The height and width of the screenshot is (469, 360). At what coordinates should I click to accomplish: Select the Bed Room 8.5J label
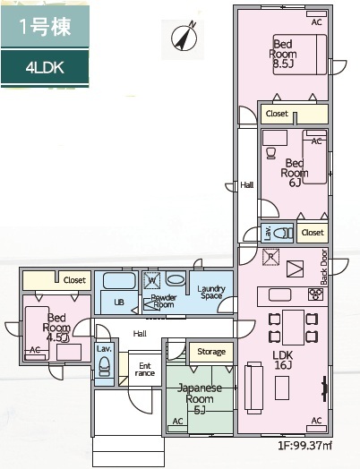[x=283, y=54]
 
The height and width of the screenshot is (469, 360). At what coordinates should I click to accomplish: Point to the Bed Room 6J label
[x=295, y=172]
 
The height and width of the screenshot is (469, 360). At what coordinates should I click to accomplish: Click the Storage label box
[x=211, y=352]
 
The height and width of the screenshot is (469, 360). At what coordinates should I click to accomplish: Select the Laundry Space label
[x=211, y=291]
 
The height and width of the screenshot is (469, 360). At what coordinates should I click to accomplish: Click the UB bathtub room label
[x=118, y=303]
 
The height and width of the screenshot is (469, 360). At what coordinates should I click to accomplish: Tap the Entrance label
[x=143, y=369]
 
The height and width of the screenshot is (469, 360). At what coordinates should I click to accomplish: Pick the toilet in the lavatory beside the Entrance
[x=104, y=367]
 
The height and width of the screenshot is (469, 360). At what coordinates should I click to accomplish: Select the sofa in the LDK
[x=253, y=383]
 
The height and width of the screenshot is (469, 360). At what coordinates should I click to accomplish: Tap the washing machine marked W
[x=152, y=279]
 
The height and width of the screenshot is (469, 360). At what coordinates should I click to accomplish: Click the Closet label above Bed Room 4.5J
[x=73, y=280]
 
